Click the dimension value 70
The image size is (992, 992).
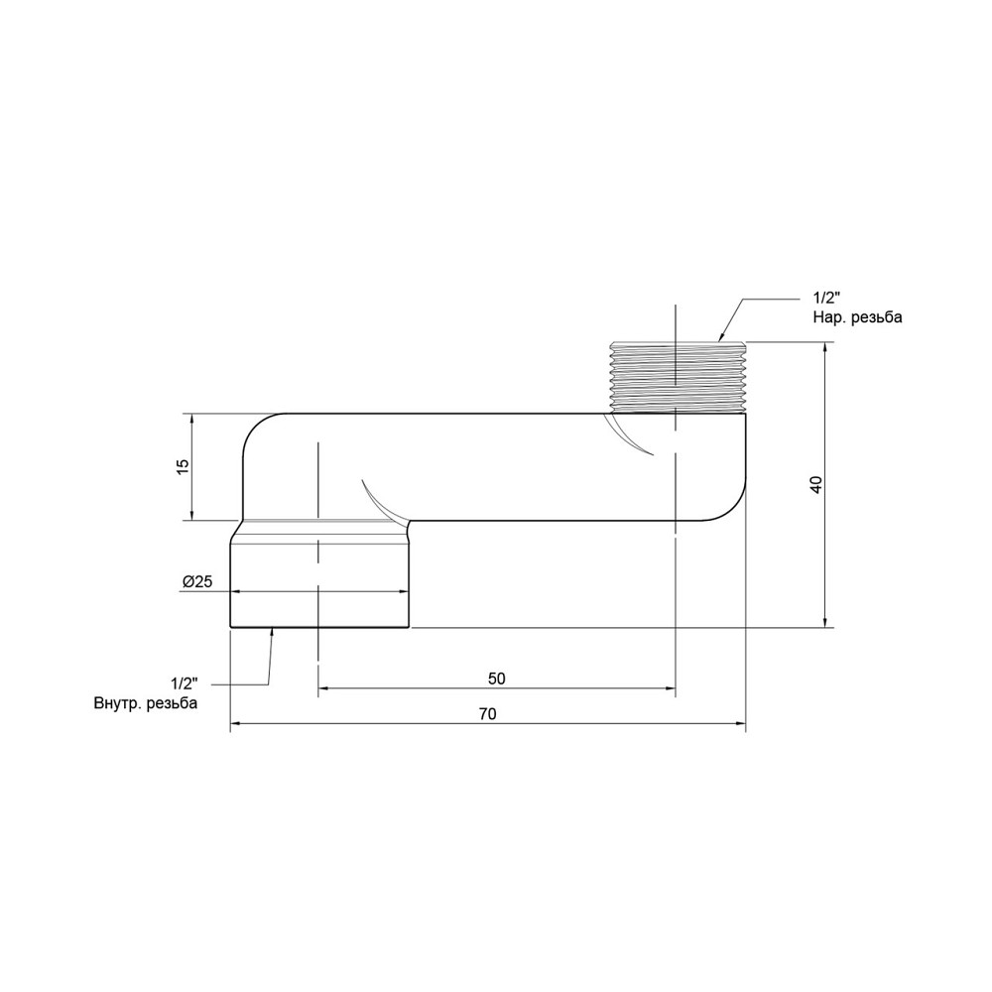486,714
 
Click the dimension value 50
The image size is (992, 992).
497,679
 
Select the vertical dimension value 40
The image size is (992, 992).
815,485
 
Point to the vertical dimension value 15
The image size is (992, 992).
183,466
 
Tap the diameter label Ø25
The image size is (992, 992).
197,582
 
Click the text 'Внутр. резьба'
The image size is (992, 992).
145,703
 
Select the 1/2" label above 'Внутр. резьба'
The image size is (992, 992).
185,684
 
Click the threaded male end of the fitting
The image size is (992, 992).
676,377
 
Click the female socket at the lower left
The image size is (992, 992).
319,585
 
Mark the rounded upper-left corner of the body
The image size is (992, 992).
256,428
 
